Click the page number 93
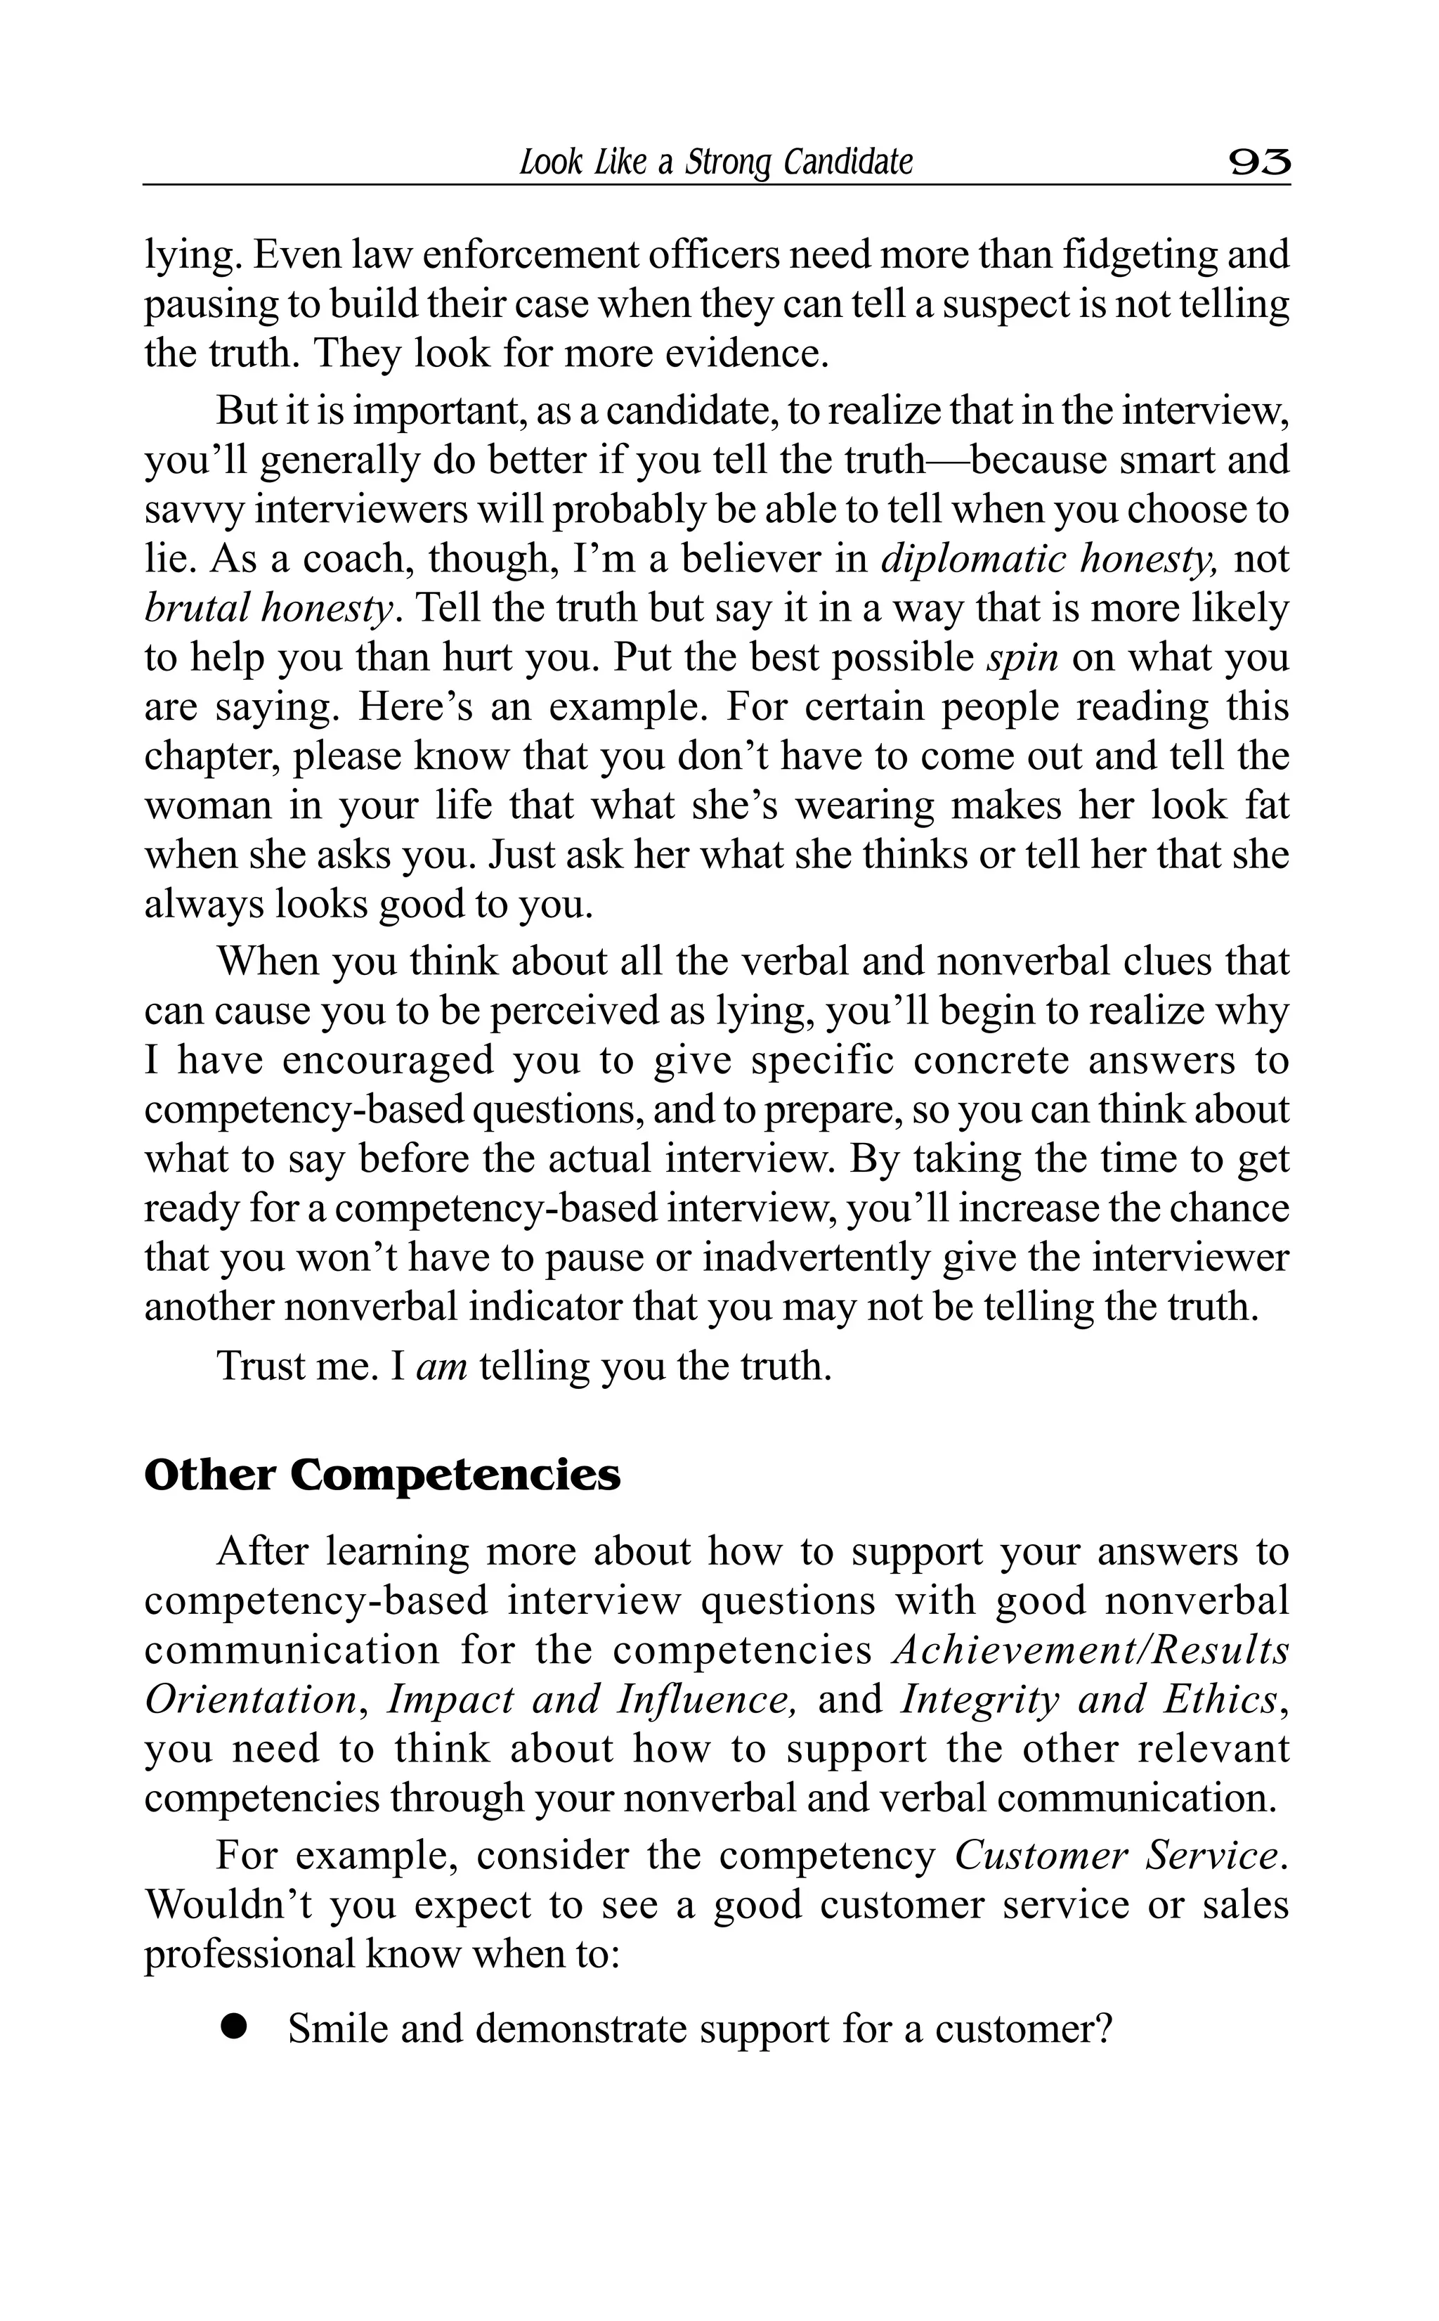pos(1259,162)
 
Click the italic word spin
pos(1022,658)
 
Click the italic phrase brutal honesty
pos(268,608)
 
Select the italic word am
pos(441,1366)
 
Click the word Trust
pos(263,1366)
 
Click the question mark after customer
pos(1104,2029)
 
